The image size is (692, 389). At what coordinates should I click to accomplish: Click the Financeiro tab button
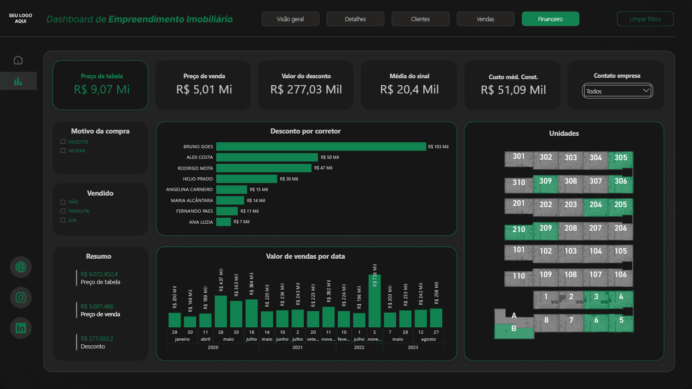[x=550, y=19]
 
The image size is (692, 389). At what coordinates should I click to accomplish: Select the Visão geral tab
[x=290, y=19]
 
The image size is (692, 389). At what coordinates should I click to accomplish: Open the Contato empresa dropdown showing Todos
[x=617, y=91]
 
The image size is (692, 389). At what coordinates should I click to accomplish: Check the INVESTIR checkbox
[x=63, y=142]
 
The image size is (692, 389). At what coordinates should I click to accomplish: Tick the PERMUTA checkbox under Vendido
[x=63, y=211]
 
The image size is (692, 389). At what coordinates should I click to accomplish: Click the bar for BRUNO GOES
[x=321, y=146]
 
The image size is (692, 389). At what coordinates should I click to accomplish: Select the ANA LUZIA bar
[x=224, y=222]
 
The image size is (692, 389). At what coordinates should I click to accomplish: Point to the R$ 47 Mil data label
[x=323, y=168]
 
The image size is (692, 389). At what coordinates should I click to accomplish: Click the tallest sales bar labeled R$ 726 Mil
[x=375, y=301]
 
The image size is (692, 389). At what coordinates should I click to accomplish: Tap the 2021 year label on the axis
[x=298, y=347]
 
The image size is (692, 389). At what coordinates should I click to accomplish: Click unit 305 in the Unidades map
[x=621, y=158]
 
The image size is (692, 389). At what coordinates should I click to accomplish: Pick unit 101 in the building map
[x=519, y=250]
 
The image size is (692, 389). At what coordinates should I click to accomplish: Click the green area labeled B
[x=514, y=330]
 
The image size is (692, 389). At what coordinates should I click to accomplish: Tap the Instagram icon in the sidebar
[x=21, y=297]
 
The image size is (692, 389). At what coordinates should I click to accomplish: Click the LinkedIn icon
[x=21, y=328]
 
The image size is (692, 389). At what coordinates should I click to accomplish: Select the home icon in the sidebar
[x=18, y=60]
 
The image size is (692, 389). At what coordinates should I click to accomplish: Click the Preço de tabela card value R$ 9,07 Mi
[x=102, y=89]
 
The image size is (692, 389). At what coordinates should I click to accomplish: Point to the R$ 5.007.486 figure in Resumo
[x=97, y=306]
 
